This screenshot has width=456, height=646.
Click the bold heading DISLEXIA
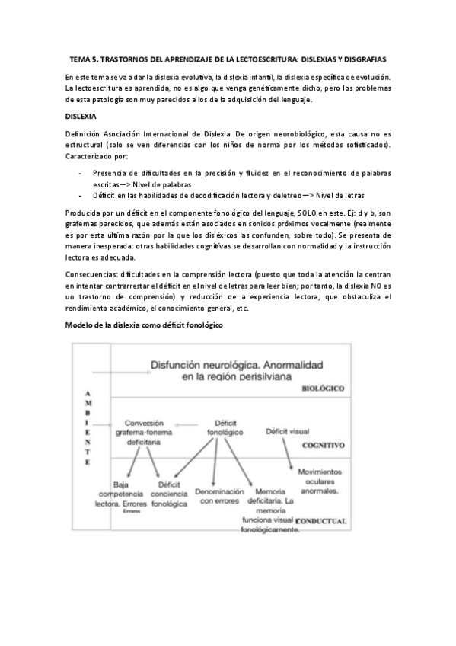tap(81, 116)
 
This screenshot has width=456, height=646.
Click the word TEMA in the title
tap(80, 59)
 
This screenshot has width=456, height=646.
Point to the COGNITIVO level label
tap(324, 445)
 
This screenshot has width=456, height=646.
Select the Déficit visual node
tap(286, 431)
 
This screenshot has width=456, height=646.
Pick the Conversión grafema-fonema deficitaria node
tap(150, 430)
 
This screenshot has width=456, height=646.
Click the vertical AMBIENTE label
tap(88, 430)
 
